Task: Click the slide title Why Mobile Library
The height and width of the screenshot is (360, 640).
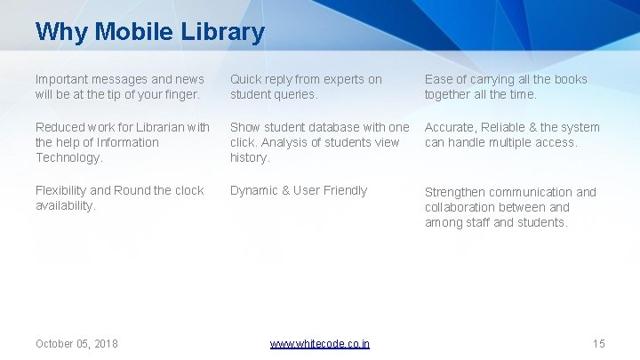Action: [149, 33]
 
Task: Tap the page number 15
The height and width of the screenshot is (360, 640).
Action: [598, 343]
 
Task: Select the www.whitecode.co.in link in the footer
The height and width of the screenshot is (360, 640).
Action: [319, 343]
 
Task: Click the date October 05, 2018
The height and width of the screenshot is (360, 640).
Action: [76, 343]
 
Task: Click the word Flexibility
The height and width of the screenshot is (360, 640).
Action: [60, 190]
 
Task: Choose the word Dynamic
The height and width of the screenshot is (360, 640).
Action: [253, 190]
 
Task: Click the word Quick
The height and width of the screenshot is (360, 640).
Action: [246, 79]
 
